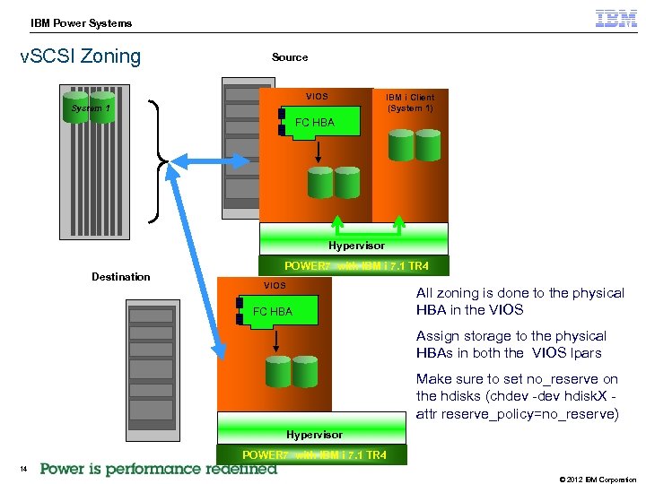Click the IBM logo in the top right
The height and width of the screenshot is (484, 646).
616,19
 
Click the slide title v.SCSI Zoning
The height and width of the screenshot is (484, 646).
80,56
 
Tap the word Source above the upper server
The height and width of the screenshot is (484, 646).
290,57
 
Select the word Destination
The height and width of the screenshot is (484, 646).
121,276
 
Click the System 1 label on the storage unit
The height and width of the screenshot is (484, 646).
91,108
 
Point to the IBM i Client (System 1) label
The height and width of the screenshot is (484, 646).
410,102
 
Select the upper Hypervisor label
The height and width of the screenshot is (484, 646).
355,246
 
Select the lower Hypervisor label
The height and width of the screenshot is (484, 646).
314,435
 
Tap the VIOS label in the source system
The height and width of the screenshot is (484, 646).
317,96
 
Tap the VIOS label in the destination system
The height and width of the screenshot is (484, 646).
275,285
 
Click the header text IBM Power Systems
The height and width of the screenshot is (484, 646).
81,23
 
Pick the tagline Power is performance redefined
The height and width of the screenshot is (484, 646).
159,469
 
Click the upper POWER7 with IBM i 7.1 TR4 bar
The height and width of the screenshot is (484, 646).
356,266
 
